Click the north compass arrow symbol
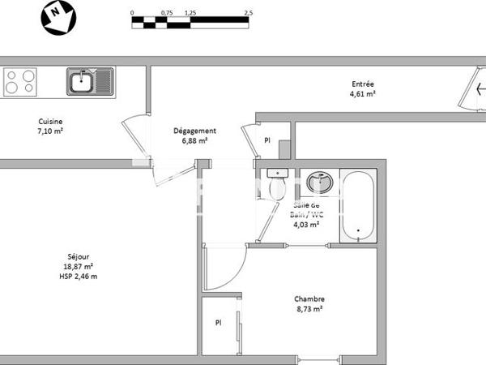click(x=58, y=17)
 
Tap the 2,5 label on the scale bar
click(x=248, y=14)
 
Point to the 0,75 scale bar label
click(x=167, y=14)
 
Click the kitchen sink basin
click(x=81, y=80)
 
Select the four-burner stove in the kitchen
click(x=21, y=80)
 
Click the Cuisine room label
click(x=50, y=121)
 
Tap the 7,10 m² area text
click(x=50, y=131)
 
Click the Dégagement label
click(x=195, y=131)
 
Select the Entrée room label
click(x=363, y=84)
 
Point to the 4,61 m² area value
click(x=363, y=94)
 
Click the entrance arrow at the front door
click(x=480, y=89)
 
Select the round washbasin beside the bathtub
click(x=319, y=182)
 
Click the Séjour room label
click(x=79, y=257)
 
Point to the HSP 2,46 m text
click(x=79, y=277)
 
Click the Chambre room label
click(x=309, y=298)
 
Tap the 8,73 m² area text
click(x=309, y=309)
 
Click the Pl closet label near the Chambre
click(x=218, y=322)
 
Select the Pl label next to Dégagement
click(x=267, y=140)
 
